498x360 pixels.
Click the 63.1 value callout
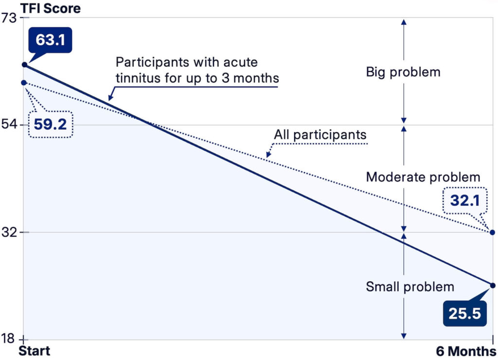[x=50, y=40]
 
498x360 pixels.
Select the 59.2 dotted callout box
[x=51, y=124]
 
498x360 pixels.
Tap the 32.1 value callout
[x=465, y=200]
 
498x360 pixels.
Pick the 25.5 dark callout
[x=464, y=313]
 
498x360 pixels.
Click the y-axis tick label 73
[x=9, y=18]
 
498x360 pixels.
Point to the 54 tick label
[x=9, y=125]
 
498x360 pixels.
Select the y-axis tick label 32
[x=9, y=232]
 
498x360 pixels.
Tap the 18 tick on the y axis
[x=8, y=339]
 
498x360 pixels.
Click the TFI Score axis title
[x=51, y=8]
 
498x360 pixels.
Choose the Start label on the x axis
[x=35, y=351]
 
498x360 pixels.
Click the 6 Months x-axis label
[x=466, y=351]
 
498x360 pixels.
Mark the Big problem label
[x=403, y=72]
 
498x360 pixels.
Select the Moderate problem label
[x=423, y=177]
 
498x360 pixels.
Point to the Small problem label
[x=410, y=287]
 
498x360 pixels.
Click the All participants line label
[x=320, y=135]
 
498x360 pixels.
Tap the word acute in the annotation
[x=240, y=62]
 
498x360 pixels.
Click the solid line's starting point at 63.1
[x=24, y=65]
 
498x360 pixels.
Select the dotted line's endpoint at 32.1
[x=492, y=233]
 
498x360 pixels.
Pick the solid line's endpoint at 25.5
[x=493, y=286]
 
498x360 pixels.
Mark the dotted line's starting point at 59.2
[x=24, y=83]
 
